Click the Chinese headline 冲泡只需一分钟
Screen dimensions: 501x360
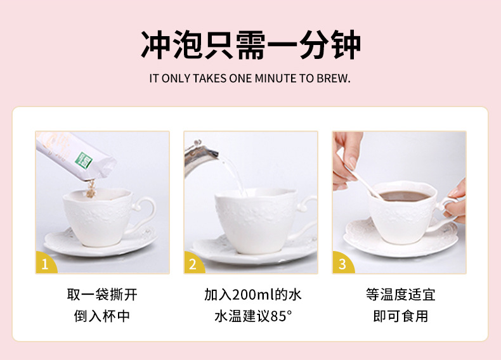pyautogui.click(x=251, y=45)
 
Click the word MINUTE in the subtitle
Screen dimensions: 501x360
pyautogui.click(x=276, y=78)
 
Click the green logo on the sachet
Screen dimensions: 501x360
pyautogui.click(x=84, y=160)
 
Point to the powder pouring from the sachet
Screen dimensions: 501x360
pyautogui.click(x=91, y=188)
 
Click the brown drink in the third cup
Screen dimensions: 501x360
pyautogui.click(x=405, y=196)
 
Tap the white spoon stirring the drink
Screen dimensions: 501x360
pyautogui.click(x=364, y=182)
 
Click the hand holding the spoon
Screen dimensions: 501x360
pyautogui.click(x=347, y=160)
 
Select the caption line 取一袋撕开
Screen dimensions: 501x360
pyautogui.click(x=102, y=295)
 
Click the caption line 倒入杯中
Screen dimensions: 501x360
pyautogui.click(x=102, y=316)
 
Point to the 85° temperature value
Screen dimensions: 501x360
pyautogui.click(x=281, y=316)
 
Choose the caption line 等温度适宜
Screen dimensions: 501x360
pyautogui.click(x=401, y=295)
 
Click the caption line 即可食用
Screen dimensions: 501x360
pyautogui.click(x=401, y=316)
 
